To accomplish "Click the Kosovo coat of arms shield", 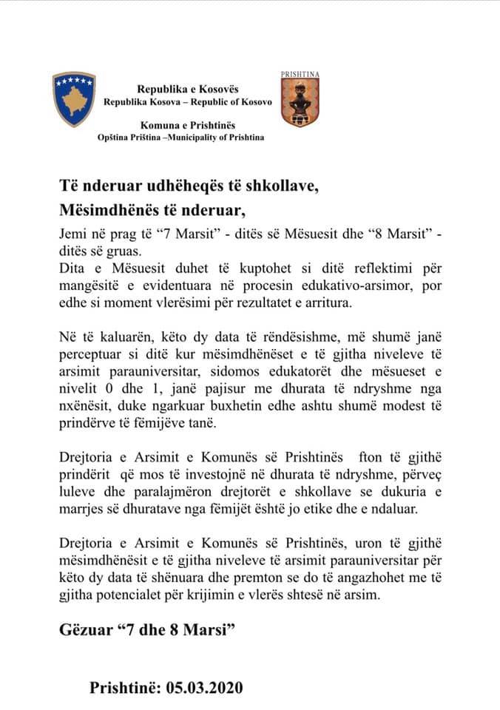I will (x=74, y=99).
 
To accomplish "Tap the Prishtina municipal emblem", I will (x=300, y=103).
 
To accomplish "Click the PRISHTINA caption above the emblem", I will (x=300, y=75).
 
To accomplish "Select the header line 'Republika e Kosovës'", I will (x=187, y=89).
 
